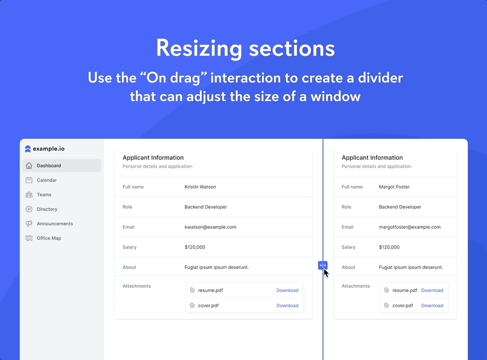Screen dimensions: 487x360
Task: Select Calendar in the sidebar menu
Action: point(46,180)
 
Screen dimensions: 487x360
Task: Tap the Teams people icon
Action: point(29,195)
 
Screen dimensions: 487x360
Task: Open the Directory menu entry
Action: point(47,209)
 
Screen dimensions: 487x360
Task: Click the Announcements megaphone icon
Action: point(29,224)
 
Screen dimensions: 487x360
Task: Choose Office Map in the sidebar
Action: point(49,238)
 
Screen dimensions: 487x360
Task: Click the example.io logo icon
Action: point(28,149)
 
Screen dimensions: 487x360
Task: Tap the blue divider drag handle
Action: point(323,265)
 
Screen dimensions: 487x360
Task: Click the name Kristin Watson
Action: point(200,187)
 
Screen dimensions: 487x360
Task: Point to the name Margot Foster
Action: point(394,187)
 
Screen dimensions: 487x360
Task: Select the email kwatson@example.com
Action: point(210,227)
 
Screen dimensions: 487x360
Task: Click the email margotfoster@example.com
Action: point(410,227)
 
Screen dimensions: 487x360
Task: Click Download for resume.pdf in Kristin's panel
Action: point(287,290)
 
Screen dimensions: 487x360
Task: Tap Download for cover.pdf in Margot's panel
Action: point(432,305)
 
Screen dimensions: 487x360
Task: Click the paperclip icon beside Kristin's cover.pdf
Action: point(192,305)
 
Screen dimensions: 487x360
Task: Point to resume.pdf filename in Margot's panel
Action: point(404,290)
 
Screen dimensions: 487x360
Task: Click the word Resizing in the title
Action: point(199,48)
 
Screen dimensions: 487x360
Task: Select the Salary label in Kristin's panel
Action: point(130,247)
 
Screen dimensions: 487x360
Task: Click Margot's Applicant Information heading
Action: point(372,158)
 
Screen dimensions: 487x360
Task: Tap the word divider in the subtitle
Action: point(381,78)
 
